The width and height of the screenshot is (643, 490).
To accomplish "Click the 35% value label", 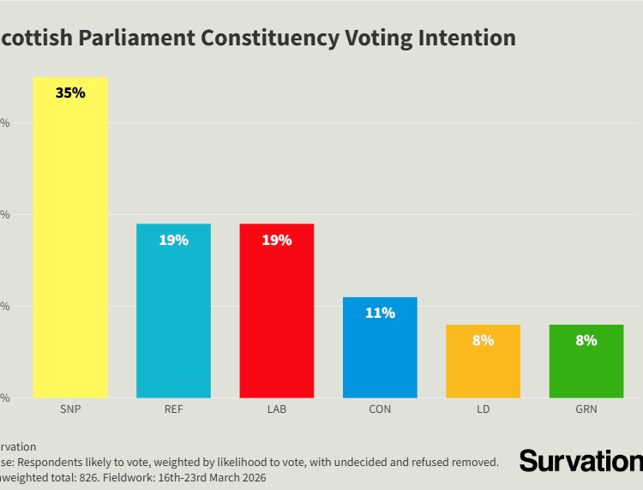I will pyautogui.click(x=70, y=93).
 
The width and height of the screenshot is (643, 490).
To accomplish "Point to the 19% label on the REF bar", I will pyautogui.click(x=173, y=240).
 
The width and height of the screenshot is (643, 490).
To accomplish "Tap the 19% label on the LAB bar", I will pyautogui.click(x=276, y=240).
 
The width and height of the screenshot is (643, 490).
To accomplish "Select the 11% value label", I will pyautogui.click(x=380, y=314).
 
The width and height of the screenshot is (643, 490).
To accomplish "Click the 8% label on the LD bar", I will pyautogui.click(x=483, y=340).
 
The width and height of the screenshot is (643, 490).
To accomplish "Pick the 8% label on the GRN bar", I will pyautogui.click(x=586, y=340).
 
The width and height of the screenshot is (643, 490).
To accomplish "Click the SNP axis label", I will pyautogui.click(x=70, y=409).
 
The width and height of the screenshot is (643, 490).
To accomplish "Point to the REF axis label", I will pyautogui.click(x=173, y=409).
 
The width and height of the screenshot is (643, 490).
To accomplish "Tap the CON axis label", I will pyautogui.click(x=380, y=409).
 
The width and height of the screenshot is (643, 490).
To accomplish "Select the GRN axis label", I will pyautogui.click(x=586, y=409).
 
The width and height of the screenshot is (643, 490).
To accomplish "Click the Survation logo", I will pyautogui.click(x=580, y=461).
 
